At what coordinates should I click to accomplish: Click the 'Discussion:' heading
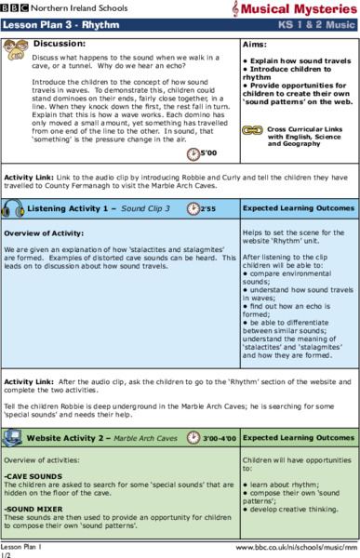[x=58, y=44]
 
